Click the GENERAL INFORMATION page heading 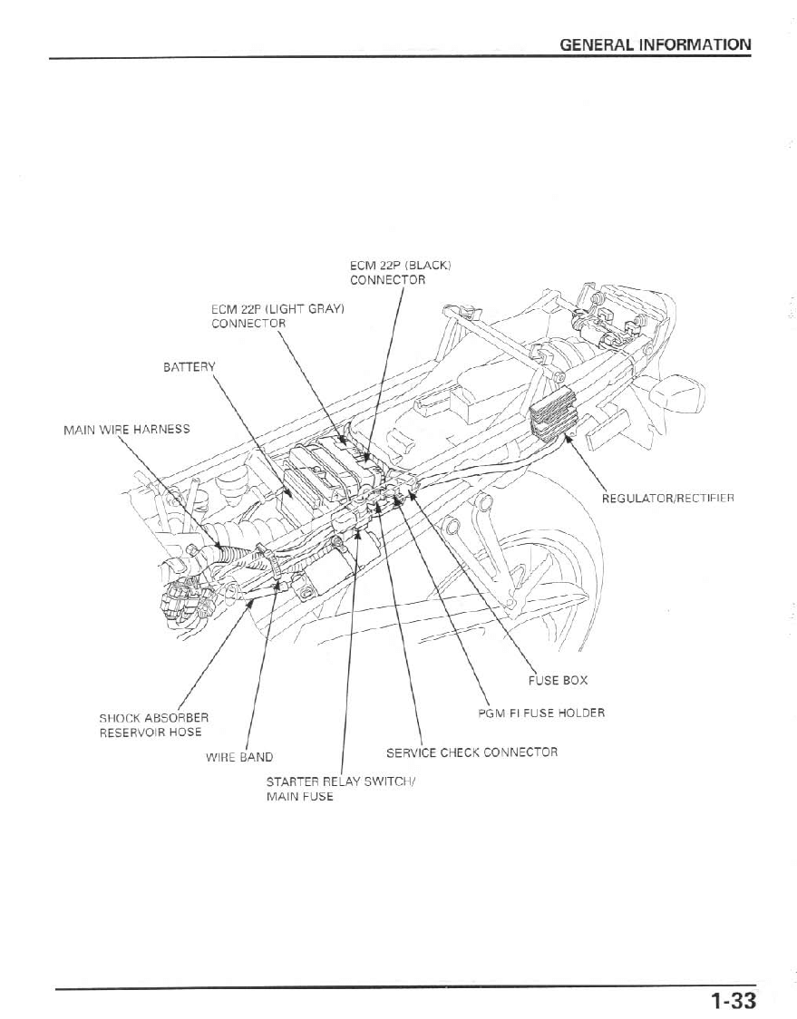tap(655, 44)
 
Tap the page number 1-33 tap(733, 1001)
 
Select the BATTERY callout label tap(190, 367)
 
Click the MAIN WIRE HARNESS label tap(126, 429)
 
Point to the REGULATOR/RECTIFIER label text tap(667, 498)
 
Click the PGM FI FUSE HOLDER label tap(541, 713)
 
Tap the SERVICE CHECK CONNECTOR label tap(471, 752)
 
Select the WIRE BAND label tap(239, 757)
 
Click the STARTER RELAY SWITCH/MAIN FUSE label tap(339, 789)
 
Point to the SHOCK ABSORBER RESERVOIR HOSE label tap(151, 725)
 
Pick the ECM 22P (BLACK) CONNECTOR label tap(400, 273)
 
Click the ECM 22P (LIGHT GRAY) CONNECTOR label tap(277, 316)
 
